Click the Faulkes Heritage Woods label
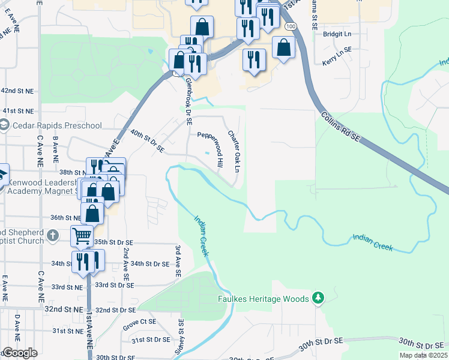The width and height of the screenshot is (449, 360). pos(263,298)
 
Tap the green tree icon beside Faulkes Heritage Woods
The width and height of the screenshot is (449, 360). pos(318,298)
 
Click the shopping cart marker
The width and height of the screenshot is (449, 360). pos(82,235)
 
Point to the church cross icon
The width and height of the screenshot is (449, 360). pos(53,236)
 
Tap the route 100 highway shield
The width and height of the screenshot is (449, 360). pos(291,27)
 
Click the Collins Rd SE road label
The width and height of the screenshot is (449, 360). pos(340,128)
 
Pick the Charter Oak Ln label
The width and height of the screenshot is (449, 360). pos(233,152)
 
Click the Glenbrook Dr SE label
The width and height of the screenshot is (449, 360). pos(188,101)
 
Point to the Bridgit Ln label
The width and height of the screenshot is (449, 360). pos(336,34)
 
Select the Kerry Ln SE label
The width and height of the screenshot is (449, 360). pos(336,62)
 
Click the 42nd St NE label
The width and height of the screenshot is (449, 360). pos(17,90)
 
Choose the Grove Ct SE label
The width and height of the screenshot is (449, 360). pos(139,325)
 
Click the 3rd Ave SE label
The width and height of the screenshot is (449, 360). pos(178,260)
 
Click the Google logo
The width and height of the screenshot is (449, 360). pos(20,353)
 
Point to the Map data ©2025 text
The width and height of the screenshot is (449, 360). pos(423,355)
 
